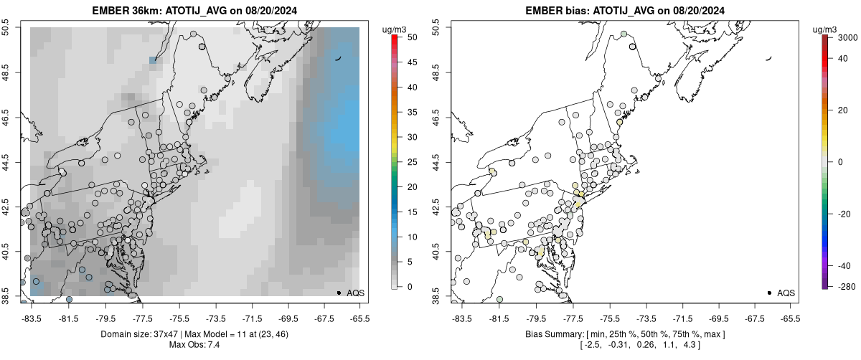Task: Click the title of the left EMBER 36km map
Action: [x=194, y=11]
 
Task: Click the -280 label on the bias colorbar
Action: [x=844, y=287]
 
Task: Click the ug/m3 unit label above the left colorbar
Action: [x=395, y=28]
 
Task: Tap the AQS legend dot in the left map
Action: [x=339, y=293]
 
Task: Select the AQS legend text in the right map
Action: [x=786, y=293]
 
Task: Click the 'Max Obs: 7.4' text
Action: [x=194, y=346]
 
